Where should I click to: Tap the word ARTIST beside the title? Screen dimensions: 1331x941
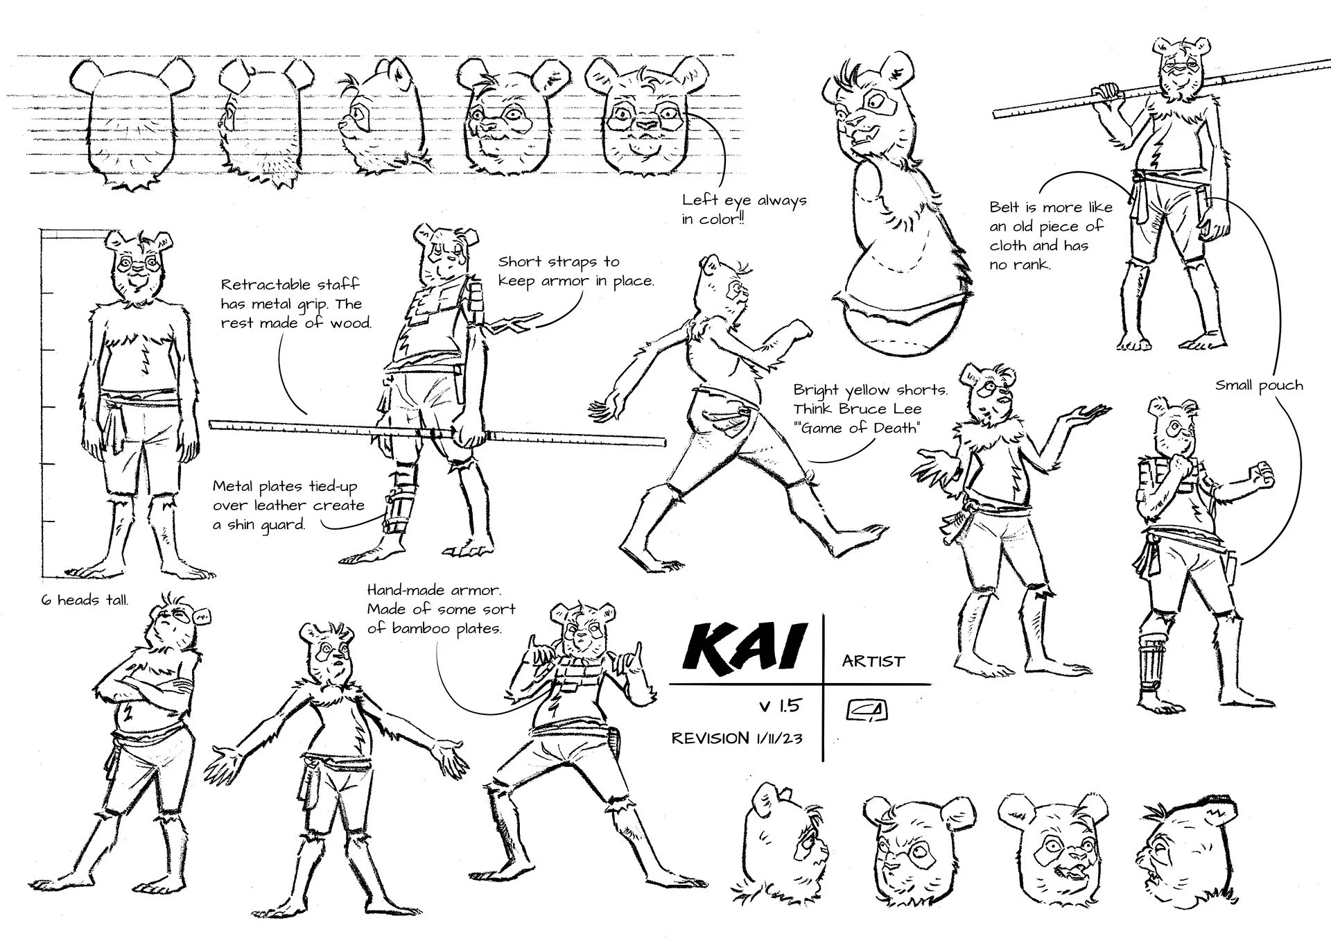(873, 661)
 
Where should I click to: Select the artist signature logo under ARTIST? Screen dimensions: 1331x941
(867, 710)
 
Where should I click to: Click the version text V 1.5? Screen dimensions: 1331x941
(779, 706)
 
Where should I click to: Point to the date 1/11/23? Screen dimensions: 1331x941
(778, 739)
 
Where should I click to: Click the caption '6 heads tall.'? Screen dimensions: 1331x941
(85, 600)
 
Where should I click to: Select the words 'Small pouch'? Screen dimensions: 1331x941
(1259, 386)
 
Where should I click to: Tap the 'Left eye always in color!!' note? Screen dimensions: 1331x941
(744, 209)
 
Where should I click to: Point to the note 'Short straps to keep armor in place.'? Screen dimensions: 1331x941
(575, 271)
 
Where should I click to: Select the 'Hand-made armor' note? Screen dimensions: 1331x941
(441, 609)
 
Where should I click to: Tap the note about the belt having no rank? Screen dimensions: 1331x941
(1051, 236)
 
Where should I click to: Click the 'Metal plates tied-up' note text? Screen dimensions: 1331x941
(288, 505)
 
